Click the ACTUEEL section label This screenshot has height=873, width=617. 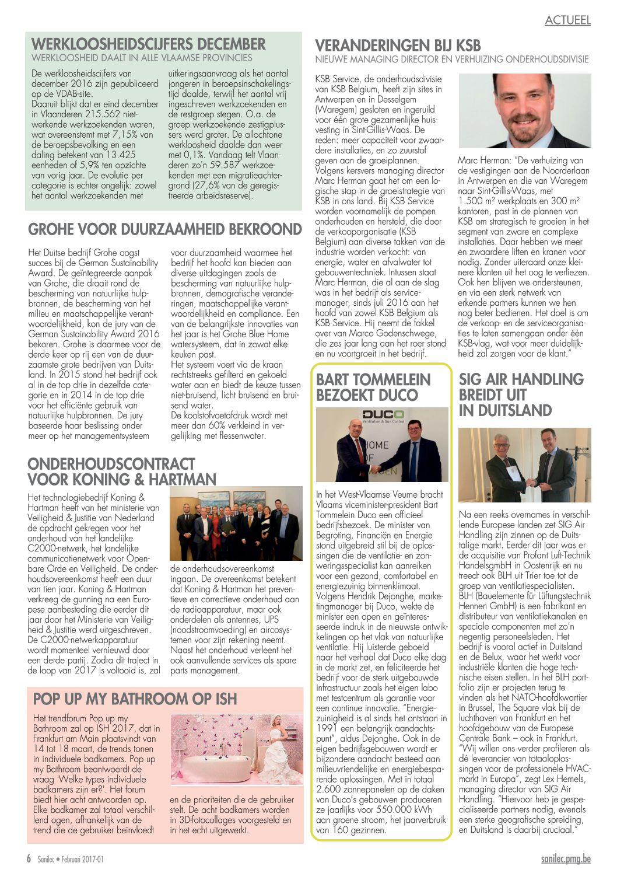click(567, 20)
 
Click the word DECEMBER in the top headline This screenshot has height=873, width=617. click(232, 44)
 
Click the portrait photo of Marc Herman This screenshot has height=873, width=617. click(524, 111)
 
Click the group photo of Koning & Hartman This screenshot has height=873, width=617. click(236, 523)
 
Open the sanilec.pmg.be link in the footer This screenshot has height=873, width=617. click(565, 859)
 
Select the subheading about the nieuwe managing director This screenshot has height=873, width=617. click(451, 60)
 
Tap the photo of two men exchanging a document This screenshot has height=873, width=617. click(524, 465)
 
